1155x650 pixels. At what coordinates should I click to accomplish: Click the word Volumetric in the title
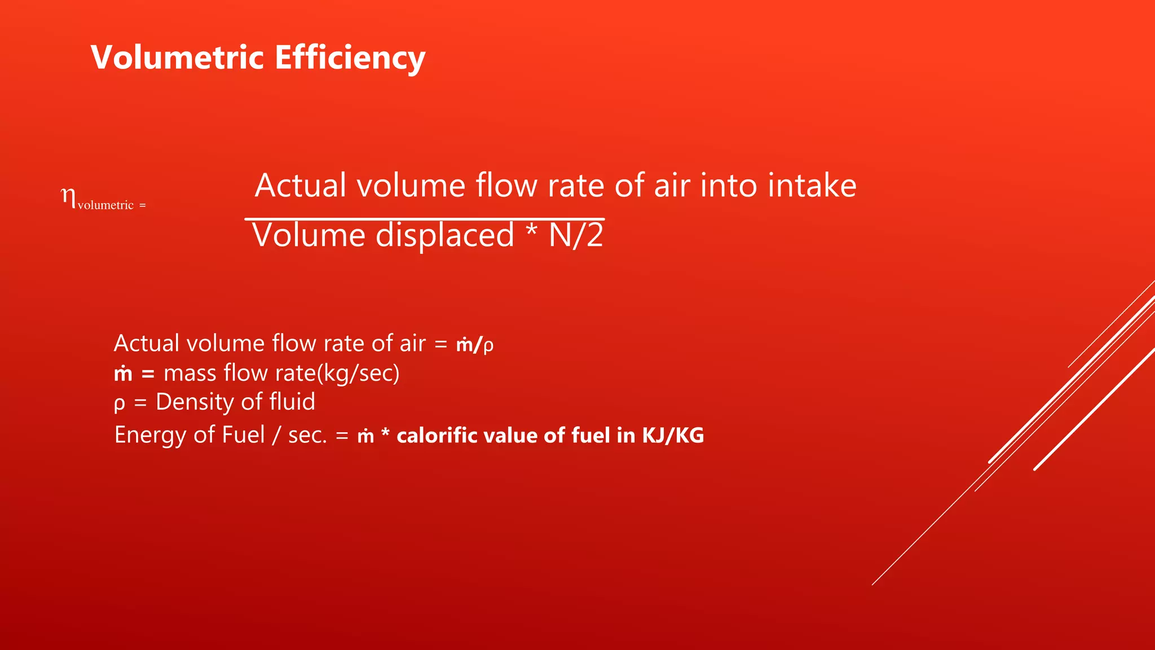[x=177, y=58]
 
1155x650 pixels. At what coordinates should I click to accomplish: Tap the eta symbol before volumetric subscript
[x=68, y=197]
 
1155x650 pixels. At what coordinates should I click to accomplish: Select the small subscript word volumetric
[x=105, y=205]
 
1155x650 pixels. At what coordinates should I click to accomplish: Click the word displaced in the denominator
[x=444, y=235]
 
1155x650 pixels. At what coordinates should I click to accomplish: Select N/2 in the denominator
[x=576, y=235]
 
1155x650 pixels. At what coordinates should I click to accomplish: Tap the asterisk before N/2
[x=531, y=231]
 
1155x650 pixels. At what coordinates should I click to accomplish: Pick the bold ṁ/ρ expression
[x=474, y=344]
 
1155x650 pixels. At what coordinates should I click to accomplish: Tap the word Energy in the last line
[x=151, y=436]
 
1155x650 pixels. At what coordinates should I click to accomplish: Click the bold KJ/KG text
[x=673, y=436]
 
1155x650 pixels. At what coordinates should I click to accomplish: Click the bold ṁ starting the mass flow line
[x=123, y=374]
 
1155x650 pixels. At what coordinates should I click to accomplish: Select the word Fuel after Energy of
[x=243, y=435]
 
